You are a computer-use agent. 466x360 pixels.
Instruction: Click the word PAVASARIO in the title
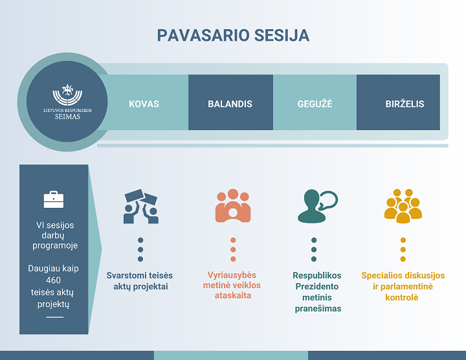tap(203, 36)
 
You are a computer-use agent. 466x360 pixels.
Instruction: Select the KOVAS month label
tap(144, 104)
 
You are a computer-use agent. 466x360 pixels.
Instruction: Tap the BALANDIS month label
tap(230, 104)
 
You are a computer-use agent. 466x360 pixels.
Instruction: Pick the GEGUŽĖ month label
tap(315, 104)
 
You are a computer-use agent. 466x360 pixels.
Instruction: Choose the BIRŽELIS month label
tap(405, 104)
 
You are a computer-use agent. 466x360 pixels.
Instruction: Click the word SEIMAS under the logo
tap(67, 117)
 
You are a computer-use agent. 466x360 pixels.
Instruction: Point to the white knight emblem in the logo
tap(68, 89)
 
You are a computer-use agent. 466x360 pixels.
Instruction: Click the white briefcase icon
tap(54, 199)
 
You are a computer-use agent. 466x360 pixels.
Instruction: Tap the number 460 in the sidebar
tap(53, 280)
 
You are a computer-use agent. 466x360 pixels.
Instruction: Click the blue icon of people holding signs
tap(141, 207)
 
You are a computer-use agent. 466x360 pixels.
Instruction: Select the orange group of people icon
tap(233, 206)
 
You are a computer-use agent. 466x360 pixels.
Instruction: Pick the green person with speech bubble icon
tap(317, 207)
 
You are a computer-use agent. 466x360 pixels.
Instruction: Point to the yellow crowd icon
tap(403, 206)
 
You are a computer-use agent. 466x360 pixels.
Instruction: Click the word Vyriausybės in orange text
tap(232, 275)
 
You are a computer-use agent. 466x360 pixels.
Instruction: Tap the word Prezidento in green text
tap(316, 286)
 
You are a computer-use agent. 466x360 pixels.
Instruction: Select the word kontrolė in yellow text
tap(402, 297)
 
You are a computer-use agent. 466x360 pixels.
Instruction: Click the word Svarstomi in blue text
tap(128, 275)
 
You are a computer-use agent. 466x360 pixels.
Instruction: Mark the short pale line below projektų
tap(55, 317)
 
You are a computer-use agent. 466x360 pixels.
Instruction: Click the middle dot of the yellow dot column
tap(403, 249)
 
